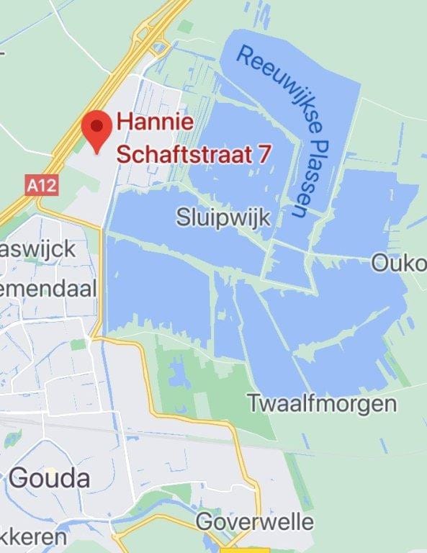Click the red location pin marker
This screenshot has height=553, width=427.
pyautogui.click(x=95, y=130)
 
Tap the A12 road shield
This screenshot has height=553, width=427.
pyautogui.click(x=41, y=186)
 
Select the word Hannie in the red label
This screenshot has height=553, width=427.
pyautogui.click(x=155, y=122)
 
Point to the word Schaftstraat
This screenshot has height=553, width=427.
pyautogui.click(x=186, y=153)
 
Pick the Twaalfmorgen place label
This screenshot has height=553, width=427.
pyautogui.click(x=322, y=403)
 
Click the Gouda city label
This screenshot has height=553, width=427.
pyautogui.click(x=50, y=477)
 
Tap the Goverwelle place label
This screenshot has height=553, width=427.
pyautogui.click(x=255, y=521)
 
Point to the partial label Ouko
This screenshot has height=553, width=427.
pyautogui.click(x=399, y=264)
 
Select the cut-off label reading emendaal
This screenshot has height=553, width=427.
pyautogui.click(x=48, y=289)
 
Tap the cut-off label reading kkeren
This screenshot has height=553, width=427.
pyautogui.click(x=33, y=537)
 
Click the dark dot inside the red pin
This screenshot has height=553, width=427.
pyautogui.click(x=95, y=126)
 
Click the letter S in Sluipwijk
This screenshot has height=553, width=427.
pyautogui.click(x=183, y=217)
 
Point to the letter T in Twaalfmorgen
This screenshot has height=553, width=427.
pyautogui.click(x=254, y=403)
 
